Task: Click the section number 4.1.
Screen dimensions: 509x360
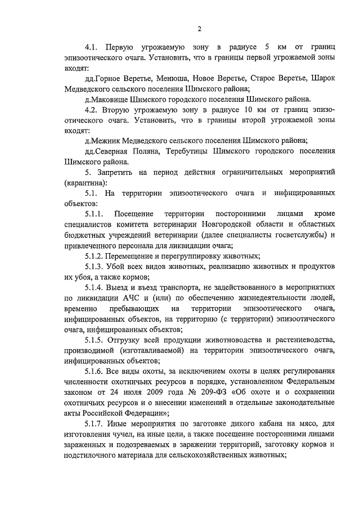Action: click(x=92, y=47)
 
